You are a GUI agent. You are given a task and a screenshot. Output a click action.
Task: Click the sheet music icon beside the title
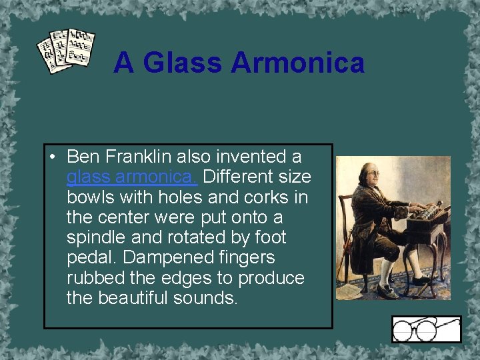point(65,51)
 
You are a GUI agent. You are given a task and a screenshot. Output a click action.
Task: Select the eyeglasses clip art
point(426,329)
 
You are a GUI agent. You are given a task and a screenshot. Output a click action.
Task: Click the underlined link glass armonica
point(131,177)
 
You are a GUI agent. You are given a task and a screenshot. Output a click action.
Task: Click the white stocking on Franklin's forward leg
point(385,270)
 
